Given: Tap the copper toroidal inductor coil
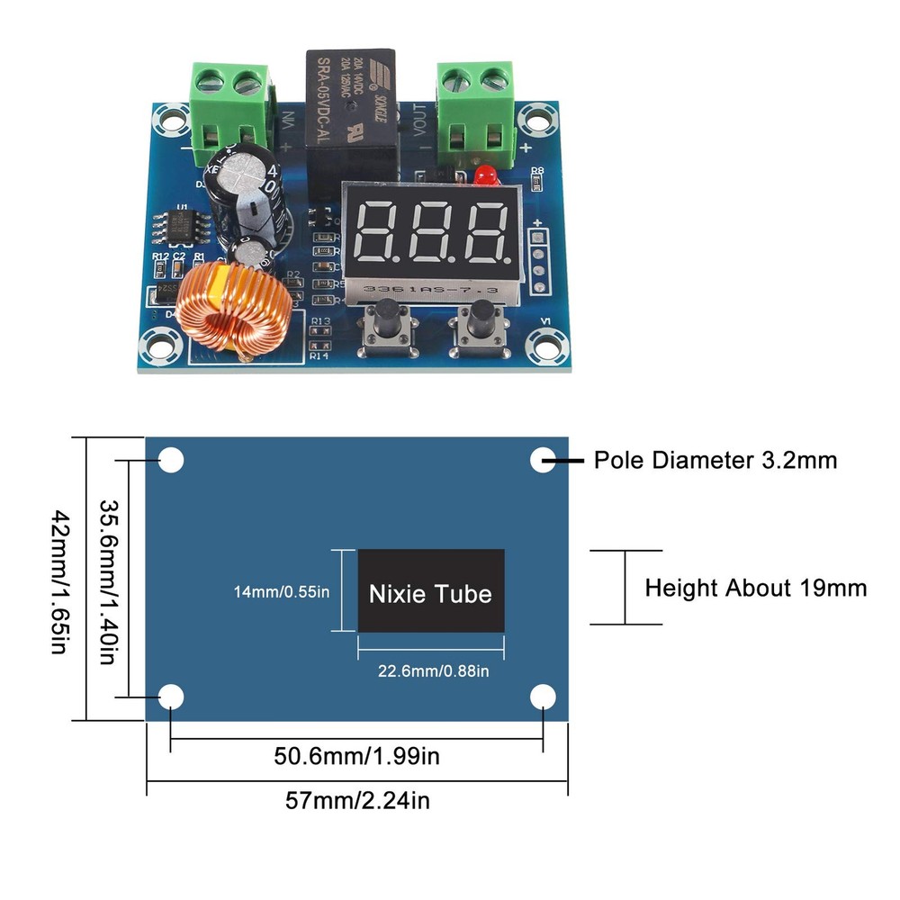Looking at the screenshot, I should pos(229,310).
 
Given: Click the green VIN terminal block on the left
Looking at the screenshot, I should pos(230,104).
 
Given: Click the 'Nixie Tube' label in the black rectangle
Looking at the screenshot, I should pos(430,594).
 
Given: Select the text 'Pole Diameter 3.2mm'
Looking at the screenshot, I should pos(715,461).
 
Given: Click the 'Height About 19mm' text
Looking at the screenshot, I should pos(756,589).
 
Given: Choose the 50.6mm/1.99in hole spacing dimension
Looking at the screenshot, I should pos(356,756).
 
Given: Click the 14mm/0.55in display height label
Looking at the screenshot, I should pos(282,592).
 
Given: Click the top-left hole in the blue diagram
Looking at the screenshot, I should pos(171,461).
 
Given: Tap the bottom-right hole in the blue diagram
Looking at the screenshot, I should pos(543,697).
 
